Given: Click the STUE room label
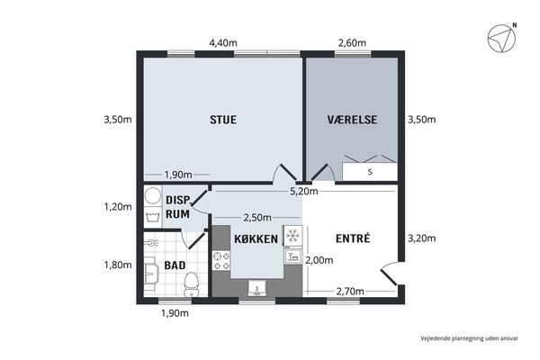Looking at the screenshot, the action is pos(223,120).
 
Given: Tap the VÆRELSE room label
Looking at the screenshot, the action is pos(352,120).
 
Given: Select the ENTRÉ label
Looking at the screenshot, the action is pos(353,238).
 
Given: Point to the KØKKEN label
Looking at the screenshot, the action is pos(256,238).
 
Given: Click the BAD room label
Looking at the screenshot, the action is pos(175,265).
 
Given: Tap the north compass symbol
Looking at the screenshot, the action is pos(501,38).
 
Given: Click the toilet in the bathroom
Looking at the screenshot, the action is pos(191,284).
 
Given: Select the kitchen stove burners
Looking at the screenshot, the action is pos(221,261).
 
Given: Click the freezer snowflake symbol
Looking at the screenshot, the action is pos(292,236).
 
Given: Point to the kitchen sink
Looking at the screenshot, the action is pos(256,288).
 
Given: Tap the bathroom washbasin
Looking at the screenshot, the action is pos(150,274).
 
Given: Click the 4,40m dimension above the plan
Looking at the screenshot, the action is pos(223,43).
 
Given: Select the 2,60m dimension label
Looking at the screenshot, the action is pos(352,43).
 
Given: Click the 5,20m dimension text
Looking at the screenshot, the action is pos(304,192).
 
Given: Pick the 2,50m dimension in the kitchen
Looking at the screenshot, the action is pos(257,218).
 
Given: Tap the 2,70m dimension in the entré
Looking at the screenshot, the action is pos(350,292).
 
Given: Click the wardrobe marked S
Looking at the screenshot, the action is pos(370,172).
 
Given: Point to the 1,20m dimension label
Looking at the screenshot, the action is pos(118,207).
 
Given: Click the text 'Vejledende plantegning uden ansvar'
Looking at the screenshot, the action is pos(469,338).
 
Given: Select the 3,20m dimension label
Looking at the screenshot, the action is pos(422,238).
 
